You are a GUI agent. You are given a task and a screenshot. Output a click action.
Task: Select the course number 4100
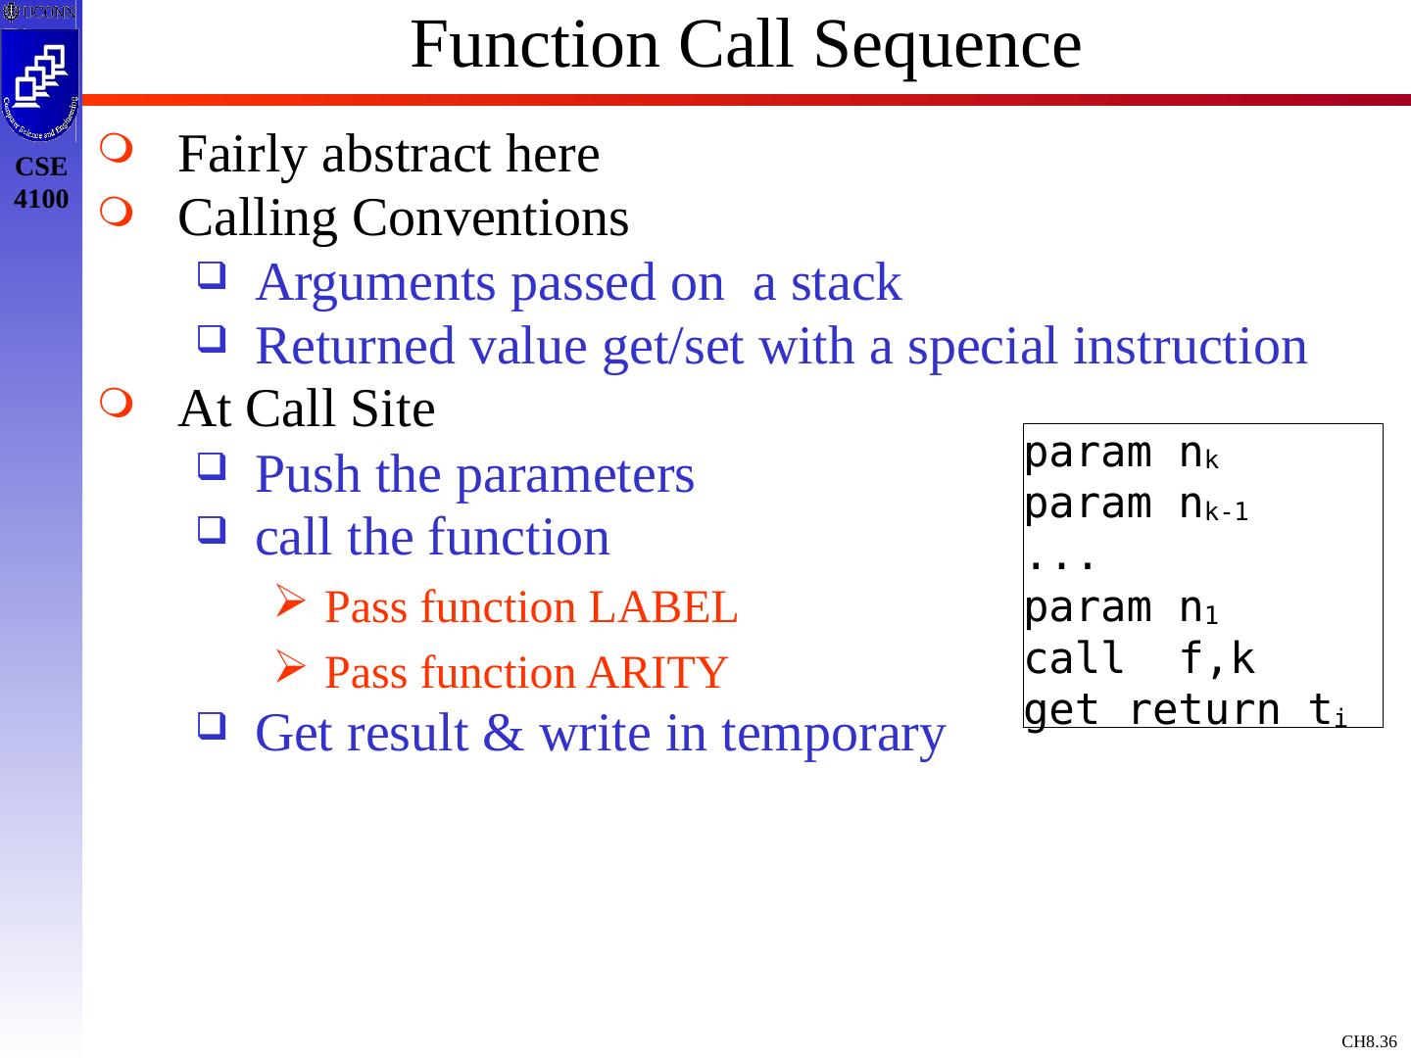click(x=42, y=200)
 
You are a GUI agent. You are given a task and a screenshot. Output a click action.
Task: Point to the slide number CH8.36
click(x=1369, y=1041)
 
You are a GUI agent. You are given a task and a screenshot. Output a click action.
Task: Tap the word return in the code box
click(x=1204, y=710)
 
